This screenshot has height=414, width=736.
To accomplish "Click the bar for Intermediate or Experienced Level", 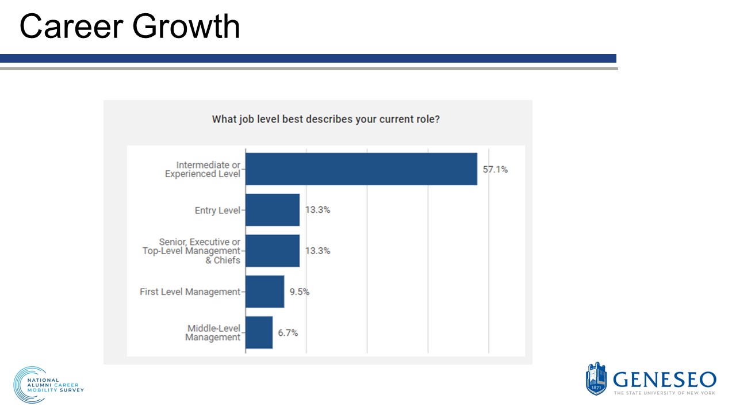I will pyautogui.click(x=361, y=169).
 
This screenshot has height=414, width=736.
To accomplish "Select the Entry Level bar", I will pyautogui.click(x=273, y=210).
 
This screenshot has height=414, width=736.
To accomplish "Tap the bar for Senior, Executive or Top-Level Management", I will pyautogui.click(x=273, y=251).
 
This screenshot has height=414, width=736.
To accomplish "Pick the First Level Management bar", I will pyautogui.click(x=264, y=292).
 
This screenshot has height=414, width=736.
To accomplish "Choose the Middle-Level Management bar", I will pyautogui.click(x=259, y=332).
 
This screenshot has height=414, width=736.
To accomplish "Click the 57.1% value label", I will pyautogui.click(x=495, y=170).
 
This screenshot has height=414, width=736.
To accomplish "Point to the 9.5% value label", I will pyautogui.click(x=299, y=292).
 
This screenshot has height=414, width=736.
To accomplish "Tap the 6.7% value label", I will pyautogui.click(x=287, y=332).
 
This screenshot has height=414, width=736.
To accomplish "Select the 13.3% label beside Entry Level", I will pyautogui.click(x=317, y=210).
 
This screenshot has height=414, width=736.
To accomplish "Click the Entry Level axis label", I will pyautogui.click(x=217, y=210).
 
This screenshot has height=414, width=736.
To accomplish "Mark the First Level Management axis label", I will pyautogui.click(x=190, y=292).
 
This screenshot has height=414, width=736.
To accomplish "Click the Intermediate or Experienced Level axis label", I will pyautogui.click(x=203, y=170).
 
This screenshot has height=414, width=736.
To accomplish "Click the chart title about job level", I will pyautogui.click(x=326, y=120).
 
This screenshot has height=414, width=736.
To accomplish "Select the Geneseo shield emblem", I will pyautogui.click(x=596, y=378).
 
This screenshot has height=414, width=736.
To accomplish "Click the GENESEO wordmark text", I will pyautogui.click(x=664, y=379).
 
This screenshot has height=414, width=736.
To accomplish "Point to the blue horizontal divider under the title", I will pyautogui.click(x=308, y=58).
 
